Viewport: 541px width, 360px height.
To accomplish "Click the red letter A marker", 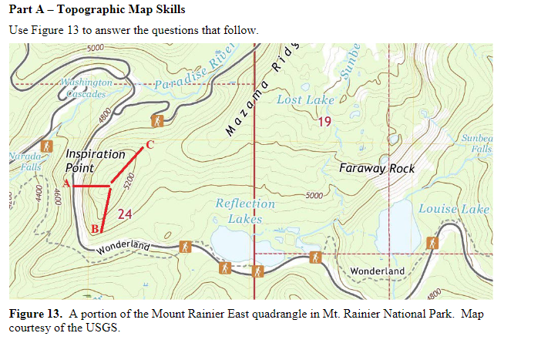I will point(67,183).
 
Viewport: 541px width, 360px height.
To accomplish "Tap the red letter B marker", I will point(94,228).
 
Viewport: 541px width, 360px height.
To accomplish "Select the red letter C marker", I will point(150,144).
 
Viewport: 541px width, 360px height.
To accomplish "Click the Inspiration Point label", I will point(95,161).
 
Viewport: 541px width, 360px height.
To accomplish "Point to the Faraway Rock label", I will point(377,168).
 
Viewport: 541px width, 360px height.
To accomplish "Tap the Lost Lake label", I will point(305,100).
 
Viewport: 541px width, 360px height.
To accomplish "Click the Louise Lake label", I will point(453,209).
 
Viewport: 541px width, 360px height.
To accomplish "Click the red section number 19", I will point(324,121).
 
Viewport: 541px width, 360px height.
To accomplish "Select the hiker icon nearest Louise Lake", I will point(432,243).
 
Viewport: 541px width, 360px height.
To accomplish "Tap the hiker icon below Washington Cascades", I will point(157,121).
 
